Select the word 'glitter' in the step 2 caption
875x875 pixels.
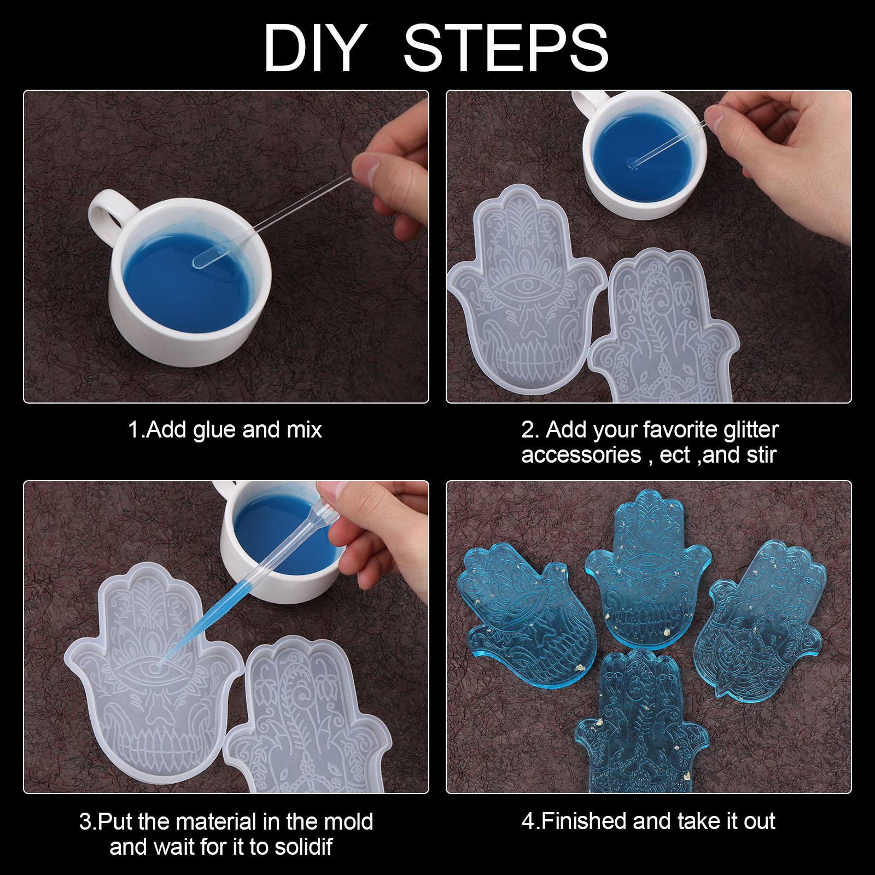tap(751, 430)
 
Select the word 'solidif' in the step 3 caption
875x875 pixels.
tap(303, 847)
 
